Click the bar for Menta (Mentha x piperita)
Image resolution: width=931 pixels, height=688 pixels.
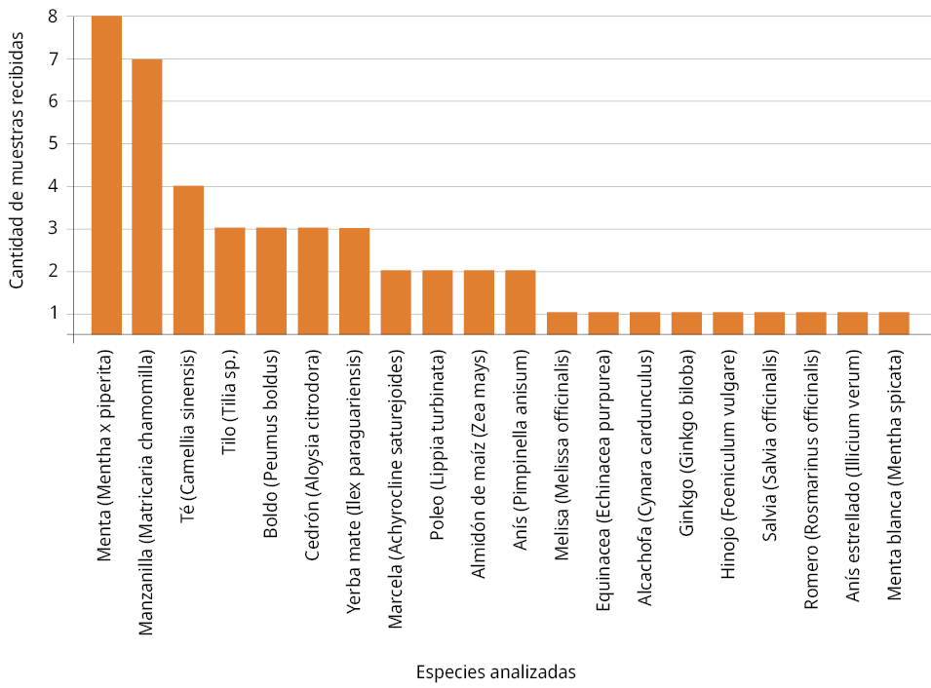point(106,175)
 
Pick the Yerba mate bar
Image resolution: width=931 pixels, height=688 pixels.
point(354,282)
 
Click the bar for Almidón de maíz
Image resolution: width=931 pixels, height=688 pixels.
point(479,302)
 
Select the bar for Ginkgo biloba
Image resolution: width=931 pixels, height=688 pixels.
point(686,324)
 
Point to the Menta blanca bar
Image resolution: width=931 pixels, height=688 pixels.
point(894,324)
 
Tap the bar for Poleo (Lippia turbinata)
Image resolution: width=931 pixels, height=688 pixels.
point(437,302)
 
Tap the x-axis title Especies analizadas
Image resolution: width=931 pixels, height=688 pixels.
point(495,672)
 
